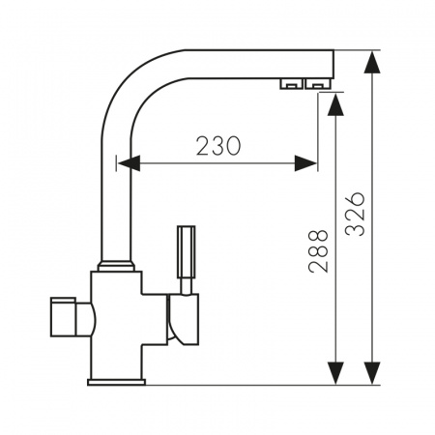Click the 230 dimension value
pos(218,146)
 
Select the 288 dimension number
pos(318,251)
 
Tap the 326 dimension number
pos(355,215)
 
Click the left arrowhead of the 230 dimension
pos(129,163)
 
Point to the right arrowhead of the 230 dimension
pos(306,163)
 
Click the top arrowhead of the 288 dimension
pos(335,104)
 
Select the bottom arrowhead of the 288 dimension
pos(335,373)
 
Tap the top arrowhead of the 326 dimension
pos(372,62)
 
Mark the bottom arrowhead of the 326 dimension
pos(372,373)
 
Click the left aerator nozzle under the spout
pos(291,83)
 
